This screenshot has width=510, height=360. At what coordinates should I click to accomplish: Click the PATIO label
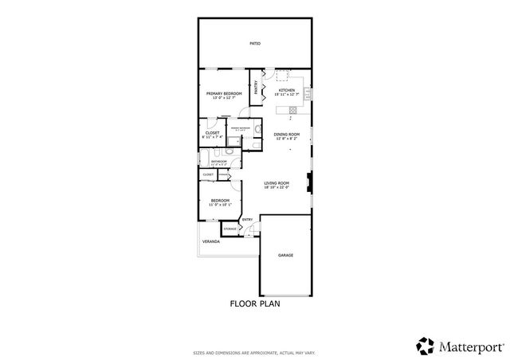[x=255, y=43]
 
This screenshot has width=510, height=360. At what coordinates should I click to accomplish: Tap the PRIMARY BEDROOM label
[x=224, y=94]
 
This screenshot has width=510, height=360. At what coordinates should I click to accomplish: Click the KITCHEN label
[x=287, y=90]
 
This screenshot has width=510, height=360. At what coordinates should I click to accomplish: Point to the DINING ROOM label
[x=286, y=134]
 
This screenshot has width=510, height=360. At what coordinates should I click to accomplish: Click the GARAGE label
[x=285, y=255]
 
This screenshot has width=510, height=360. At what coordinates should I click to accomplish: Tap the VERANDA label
[x=210, y=241]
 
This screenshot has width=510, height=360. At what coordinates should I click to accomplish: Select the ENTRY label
[x=247, y=220]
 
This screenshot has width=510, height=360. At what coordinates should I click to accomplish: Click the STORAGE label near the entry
[x=229, y=229]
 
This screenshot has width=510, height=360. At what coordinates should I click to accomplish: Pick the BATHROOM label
[x=218, y=161]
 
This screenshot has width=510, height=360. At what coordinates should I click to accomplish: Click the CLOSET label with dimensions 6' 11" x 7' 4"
[x=212, y=133]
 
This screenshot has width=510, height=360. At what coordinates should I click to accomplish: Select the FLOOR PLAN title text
[x=255, y=303]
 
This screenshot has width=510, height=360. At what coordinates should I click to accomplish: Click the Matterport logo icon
[x=424, y=346]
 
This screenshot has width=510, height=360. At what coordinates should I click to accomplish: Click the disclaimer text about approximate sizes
[x=255, y=351]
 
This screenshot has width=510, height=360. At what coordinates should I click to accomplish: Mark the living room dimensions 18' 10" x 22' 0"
[x=277, y=187]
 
